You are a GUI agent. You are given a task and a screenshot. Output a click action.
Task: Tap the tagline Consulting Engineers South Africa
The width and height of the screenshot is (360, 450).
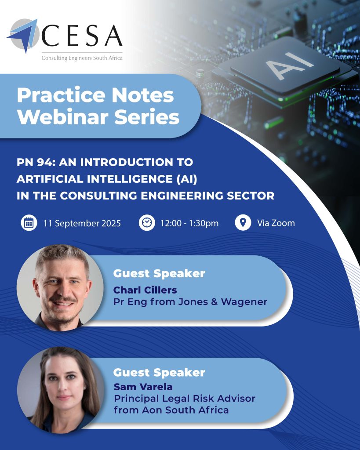[82, 58]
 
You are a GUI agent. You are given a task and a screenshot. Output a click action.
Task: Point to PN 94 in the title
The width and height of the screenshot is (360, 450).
[36, 162]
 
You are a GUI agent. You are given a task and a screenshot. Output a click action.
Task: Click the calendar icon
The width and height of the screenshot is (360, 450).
[29, 223]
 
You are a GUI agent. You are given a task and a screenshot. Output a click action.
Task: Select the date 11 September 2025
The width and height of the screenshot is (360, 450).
[82, 223]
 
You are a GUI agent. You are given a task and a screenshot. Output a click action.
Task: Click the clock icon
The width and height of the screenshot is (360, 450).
[147, 223]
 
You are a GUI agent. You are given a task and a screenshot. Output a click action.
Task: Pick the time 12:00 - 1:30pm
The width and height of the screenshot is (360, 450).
[189, 223]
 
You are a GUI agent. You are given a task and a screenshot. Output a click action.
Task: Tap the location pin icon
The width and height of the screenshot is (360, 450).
[243, 223]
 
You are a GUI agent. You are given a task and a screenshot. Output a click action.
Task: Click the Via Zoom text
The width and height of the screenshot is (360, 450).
[276, 223]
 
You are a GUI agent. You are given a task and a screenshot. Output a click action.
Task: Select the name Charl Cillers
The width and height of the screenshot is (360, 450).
[145, 290]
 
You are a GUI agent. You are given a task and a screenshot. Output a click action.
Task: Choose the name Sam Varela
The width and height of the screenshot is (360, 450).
[143, 387]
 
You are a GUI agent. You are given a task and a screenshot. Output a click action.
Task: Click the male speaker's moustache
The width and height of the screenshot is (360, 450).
[62, 300]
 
